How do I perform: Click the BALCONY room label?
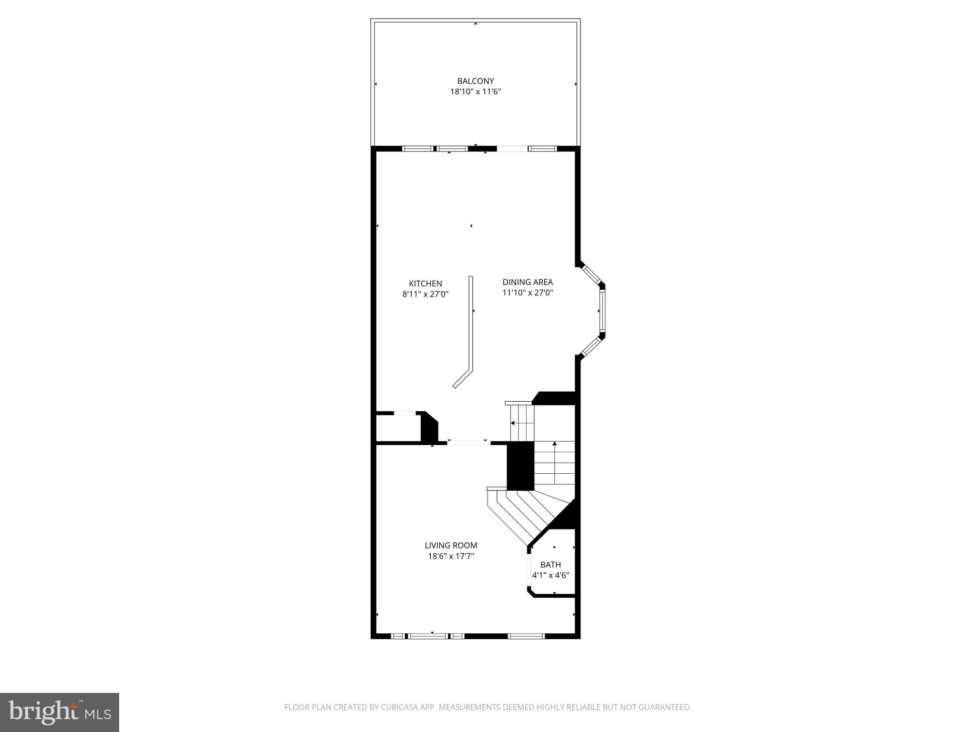(x=475, y=81)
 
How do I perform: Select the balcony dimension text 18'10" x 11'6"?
(x=475, y=91)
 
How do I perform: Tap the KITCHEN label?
(x=425, y=284)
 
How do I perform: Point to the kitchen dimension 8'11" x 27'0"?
(x=425, y=294)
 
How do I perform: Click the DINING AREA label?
(x=528, y=282)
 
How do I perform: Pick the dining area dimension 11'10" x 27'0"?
(x=528, y=293)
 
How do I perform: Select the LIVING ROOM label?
(x=451, y=545)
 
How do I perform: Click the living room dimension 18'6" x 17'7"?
(x=451, y=556)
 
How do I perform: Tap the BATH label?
(x=550, y=565)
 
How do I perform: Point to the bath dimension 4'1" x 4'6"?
(x=550, y=575)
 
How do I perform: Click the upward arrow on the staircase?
(x=554, y=444)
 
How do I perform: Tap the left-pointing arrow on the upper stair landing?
(x=513, y=423)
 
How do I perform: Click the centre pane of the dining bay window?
(x=602, y=311)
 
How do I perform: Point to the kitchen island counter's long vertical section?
(x=471, y=324)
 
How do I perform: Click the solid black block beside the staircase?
(x=520, y=465)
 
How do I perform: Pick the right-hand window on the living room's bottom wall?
(x=526, y=636)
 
